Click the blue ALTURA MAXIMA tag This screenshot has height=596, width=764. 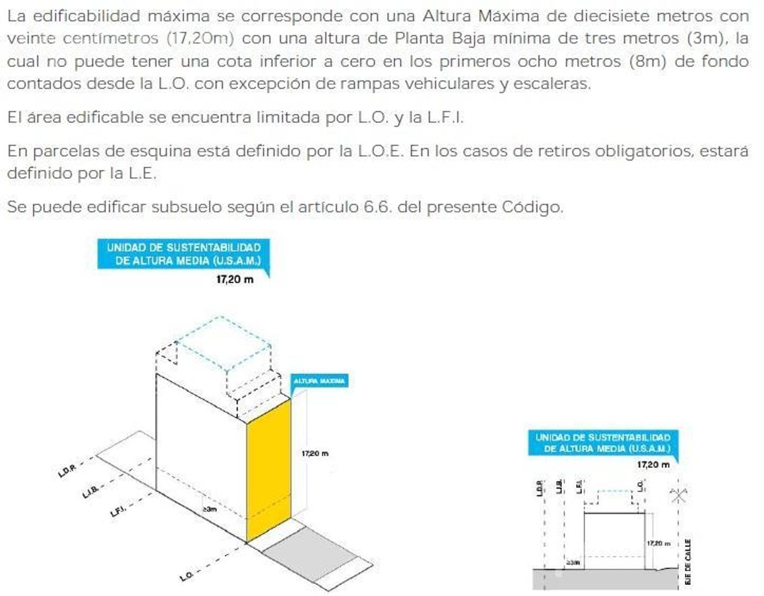point(319,381)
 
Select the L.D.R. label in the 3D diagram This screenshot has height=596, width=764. point(67,470)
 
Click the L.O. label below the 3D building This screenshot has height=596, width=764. point(187,576)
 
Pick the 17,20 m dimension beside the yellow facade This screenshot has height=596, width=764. point(315,454)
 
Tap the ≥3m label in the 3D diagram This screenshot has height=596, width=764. point(210,509)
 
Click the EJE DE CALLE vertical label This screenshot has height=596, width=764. point(687,562)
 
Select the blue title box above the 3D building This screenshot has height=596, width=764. point(183,254)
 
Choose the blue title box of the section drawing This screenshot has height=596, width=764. point(602,443)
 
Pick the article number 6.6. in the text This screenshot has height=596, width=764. point(378,207)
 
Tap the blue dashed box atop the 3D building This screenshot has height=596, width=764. point(224,343)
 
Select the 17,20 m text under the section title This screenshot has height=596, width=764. point(653,465)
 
